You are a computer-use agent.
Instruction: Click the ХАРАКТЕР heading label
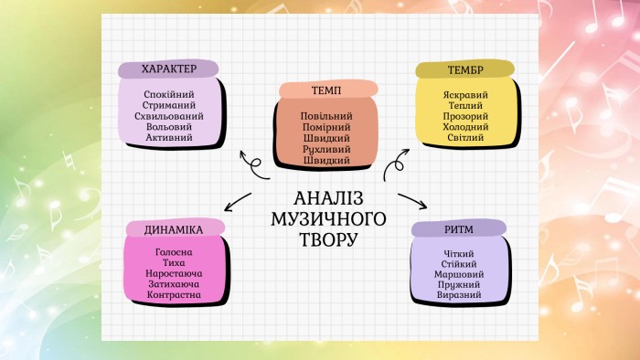169,69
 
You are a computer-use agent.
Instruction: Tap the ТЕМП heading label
326,90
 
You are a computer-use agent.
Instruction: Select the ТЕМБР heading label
465,70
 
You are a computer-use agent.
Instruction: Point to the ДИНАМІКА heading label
174,230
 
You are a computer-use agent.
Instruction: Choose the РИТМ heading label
459,229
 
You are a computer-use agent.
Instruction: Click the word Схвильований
169,116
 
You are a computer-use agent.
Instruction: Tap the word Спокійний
169,95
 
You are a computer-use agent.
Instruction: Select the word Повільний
326,116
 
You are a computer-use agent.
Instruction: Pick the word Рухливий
326,150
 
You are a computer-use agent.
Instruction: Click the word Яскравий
465,95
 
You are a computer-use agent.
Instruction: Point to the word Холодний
465,127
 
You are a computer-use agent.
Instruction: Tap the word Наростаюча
174,273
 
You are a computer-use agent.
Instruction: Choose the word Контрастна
174,295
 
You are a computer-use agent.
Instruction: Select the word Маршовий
459,274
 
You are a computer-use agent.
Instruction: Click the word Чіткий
459,254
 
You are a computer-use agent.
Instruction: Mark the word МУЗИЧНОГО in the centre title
328,219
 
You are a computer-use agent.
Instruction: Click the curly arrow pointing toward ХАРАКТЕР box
254,165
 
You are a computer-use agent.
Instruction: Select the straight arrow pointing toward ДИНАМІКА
238,202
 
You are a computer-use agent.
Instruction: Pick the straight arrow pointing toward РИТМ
412,201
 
